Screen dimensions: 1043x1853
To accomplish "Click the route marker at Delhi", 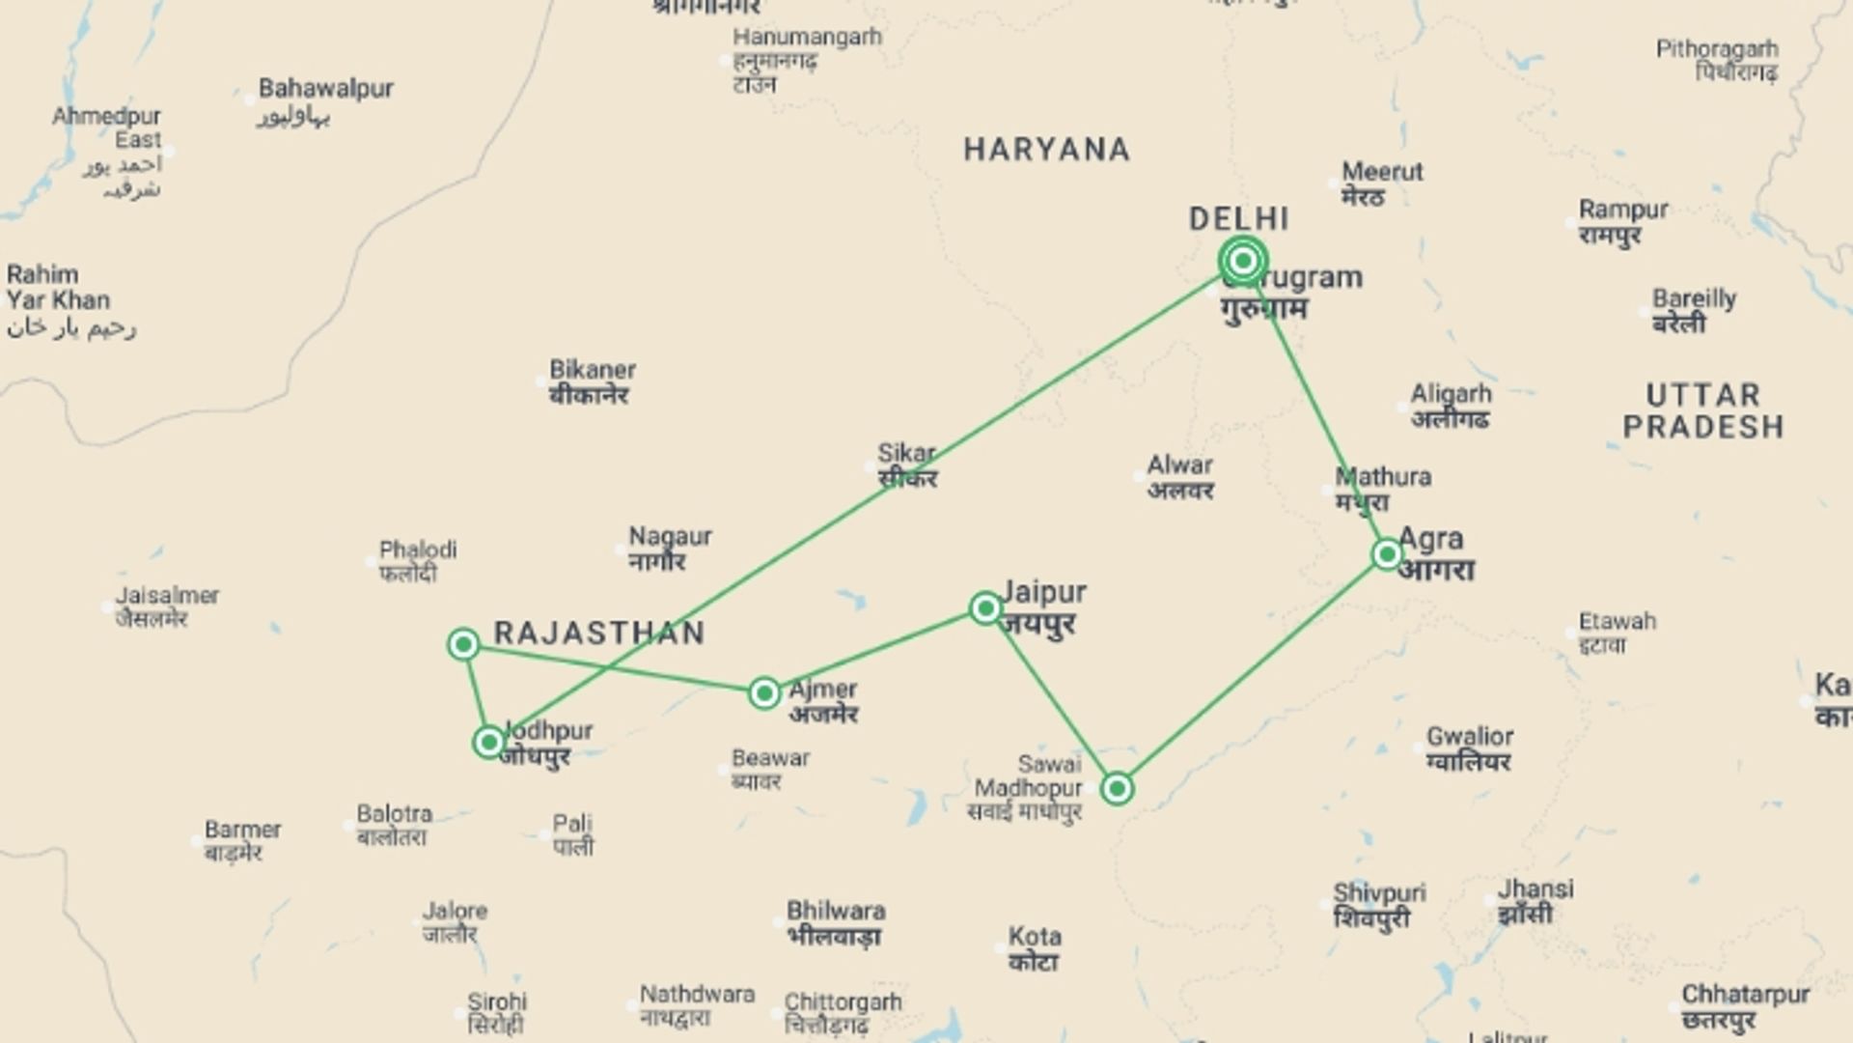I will pos(1243,261).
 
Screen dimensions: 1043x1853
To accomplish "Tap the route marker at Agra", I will pos(1387,553).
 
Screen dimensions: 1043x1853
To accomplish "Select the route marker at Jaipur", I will pos(985,607).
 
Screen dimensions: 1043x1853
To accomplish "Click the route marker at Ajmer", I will pos(764,692).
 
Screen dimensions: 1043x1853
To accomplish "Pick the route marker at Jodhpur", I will pos(489,742).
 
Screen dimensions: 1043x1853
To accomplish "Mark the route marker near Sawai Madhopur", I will pos(1117,788).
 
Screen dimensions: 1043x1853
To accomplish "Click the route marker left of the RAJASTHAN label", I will pos(463,644).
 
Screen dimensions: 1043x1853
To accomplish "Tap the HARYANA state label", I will pos(1046,150).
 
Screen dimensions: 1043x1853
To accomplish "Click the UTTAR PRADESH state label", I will pos(1703,410).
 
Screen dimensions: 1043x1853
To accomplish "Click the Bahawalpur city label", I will pos(325,89).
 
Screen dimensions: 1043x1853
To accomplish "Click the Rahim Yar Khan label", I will pos(58,287).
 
